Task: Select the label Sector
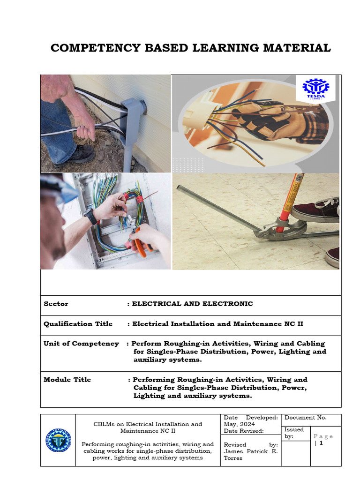click(56, 304)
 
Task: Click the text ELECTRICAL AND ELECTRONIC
click(192, 304)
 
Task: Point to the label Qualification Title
click(78, 324)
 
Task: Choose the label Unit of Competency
click(81, 344)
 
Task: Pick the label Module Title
click(67, 380)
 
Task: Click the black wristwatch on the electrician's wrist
click(91, 217)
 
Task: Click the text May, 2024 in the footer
click(239, 424)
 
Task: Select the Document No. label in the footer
click(305, 418)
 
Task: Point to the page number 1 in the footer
click(321, 442)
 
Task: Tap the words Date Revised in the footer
click(243, 431)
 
